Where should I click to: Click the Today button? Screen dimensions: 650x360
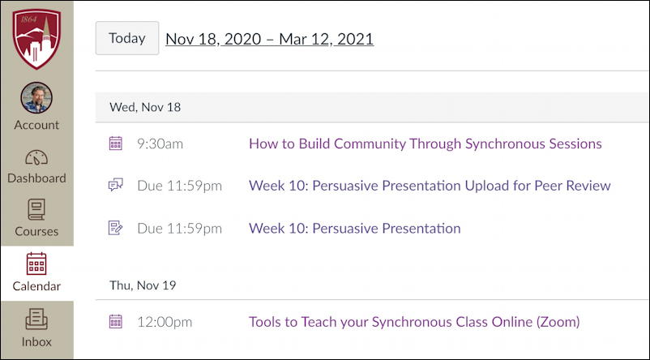click(x=127, y=38)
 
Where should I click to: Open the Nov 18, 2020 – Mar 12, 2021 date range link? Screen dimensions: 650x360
click(x=269, y=39)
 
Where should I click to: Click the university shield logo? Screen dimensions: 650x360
click(x=36, y=39)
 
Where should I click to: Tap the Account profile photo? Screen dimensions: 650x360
click(x=36, y=97)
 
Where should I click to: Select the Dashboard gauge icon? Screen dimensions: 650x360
click(x=36, y=157)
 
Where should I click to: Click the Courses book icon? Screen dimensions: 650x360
click(x=36, y=209)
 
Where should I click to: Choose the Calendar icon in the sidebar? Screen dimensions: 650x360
click(x=36, y=264)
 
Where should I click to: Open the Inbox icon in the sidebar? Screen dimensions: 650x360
click(x=36, y=319)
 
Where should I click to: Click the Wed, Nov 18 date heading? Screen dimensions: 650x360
click(x=145, y=107)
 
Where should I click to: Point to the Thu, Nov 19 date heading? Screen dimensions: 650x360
click(x=143, y=285)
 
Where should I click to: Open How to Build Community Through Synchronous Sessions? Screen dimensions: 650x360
click(x=425, y=144)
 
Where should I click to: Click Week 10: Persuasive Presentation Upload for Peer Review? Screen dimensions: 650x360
click(x=430, y=186)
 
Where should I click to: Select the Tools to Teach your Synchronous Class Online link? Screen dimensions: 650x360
click(x=414, y=322)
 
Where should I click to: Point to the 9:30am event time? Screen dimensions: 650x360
click(x=160, y=144)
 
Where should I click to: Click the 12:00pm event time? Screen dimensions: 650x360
click(x=165, y=322)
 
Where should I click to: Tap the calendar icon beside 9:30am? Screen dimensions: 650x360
click(x=116, y=143)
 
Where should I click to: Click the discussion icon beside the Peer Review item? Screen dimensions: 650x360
click(x=116, y=185)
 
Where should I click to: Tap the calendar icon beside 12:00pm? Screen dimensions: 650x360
click(x=116, y=321)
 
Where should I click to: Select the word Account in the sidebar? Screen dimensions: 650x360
click(x=36, y=125)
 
